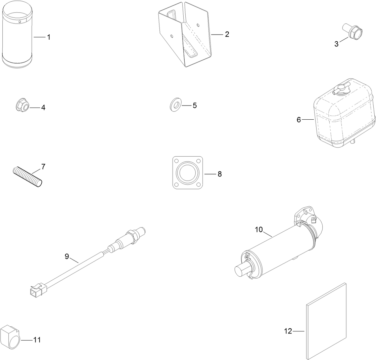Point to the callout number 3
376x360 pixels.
pos(336,44)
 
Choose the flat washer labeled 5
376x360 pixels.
pos(174,105)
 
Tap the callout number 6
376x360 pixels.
pos(299,120)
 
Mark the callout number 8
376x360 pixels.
pos(220,174)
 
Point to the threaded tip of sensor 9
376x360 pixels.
pos(143,231)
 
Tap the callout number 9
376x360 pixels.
pos(67,256)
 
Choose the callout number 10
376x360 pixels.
pos(259,230)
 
